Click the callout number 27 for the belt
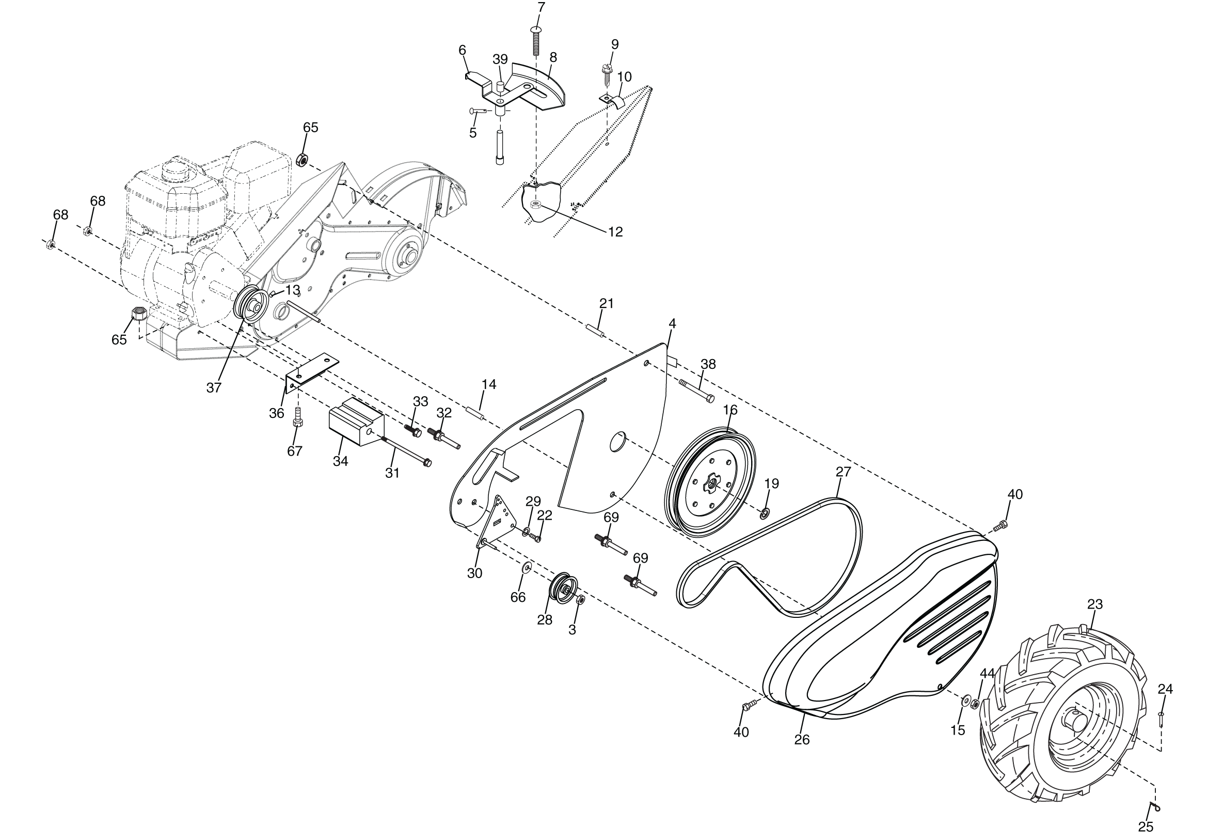[x=843, y=472]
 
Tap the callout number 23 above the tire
[x=1095, y=605]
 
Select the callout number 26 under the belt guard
[x=802, y=740]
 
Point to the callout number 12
[x=615, y=232]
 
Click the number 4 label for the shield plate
[x=672, y=324]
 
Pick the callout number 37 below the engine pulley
[x=214, y=388]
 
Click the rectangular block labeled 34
[x=356, y=422]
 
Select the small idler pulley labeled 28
[x=564, y=587]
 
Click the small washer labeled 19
[x=764, y=512]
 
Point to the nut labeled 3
[x=581, y=600]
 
